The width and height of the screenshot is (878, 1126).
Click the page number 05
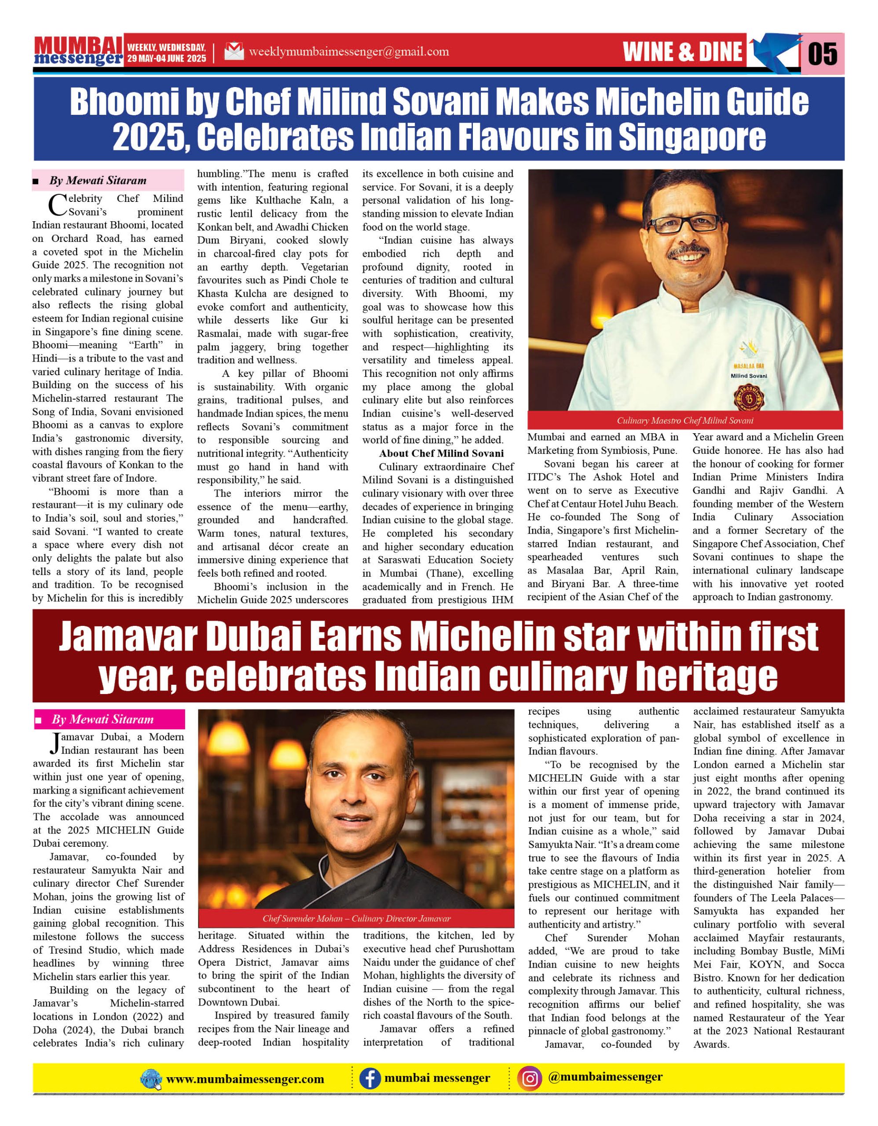(822, 54)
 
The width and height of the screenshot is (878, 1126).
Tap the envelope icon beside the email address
(234, 51)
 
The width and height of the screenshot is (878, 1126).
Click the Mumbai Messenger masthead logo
(78, 51)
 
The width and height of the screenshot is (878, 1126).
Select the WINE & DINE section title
(683, 52)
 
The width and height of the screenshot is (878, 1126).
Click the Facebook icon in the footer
(369, 1078)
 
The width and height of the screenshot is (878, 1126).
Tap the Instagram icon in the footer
(530, 1078)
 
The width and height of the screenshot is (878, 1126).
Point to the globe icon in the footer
(151, 1079)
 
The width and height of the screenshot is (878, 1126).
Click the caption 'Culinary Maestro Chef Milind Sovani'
(685, 420)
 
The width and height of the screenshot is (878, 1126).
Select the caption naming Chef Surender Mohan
(356, 918)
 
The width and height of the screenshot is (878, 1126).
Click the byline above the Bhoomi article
(98, 180)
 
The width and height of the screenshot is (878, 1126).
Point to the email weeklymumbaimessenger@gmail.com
(348, 51)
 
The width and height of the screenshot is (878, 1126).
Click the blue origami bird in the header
(773, 51)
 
